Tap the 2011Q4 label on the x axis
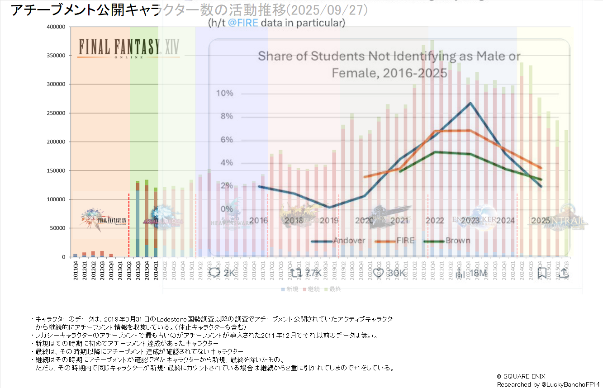tap(75, 271)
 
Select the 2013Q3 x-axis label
tap(138, 271)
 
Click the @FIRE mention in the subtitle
tap(243, 23)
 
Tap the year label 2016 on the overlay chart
tap(258, 221)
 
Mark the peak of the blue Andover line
tap(470, 103)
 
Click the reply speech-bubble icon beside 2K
tap(215, 273)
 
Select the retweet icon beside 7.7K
tap(295, 273)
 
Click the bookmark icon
tap(542, 273)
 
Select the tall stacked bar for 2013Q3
tap(138, 219)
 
